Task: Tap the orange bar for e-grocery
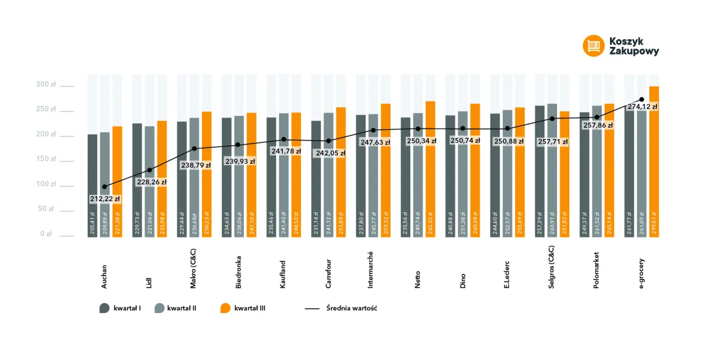point(654,165)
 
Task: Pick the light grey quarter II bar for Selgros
point(552,182)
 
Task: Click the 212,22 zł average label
point(105,198)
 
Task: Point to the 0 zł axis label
point(46,234)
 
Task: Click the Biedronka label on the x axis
point(238,272)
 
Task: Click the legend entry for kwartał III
point(243,308)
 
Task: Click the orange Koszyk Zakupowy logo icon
point(593,46)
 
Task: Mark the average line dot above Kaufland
point(284,139)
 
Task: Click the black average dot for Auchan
point(105,187)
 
